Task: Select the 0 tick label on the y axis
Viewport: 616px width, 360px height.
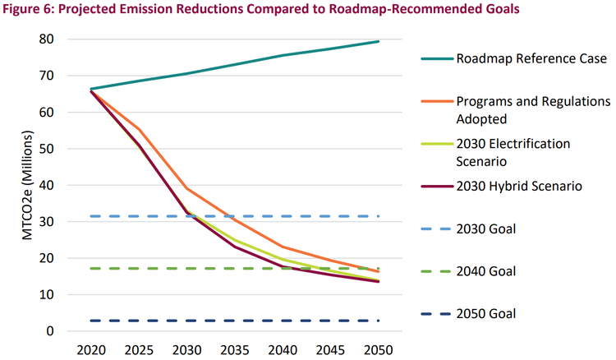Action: [x=49, y=331]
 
